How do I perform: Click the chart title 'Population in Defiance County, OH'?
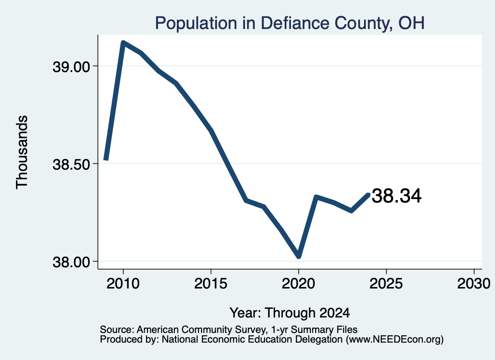290,23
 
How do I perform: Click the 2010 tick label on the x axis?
123,284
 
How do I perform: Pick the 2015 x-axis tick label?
211,284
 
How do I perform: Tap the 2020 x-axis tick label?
298,284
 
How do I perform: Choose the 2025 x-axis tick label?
386,284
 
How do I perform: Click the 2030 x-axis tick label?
474,284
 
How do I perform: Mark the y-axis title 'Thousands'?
22,152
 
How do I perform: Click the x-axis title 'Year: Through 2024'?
290,313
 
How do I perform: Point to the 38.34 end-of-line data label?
396,196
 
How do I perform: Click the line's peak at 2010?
123,43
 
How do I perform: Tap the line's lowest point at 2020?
299,257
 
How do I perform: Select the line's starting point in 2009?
106,159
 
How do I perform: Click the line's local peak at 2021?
316,197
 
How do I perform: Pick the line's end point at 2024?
368,194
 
